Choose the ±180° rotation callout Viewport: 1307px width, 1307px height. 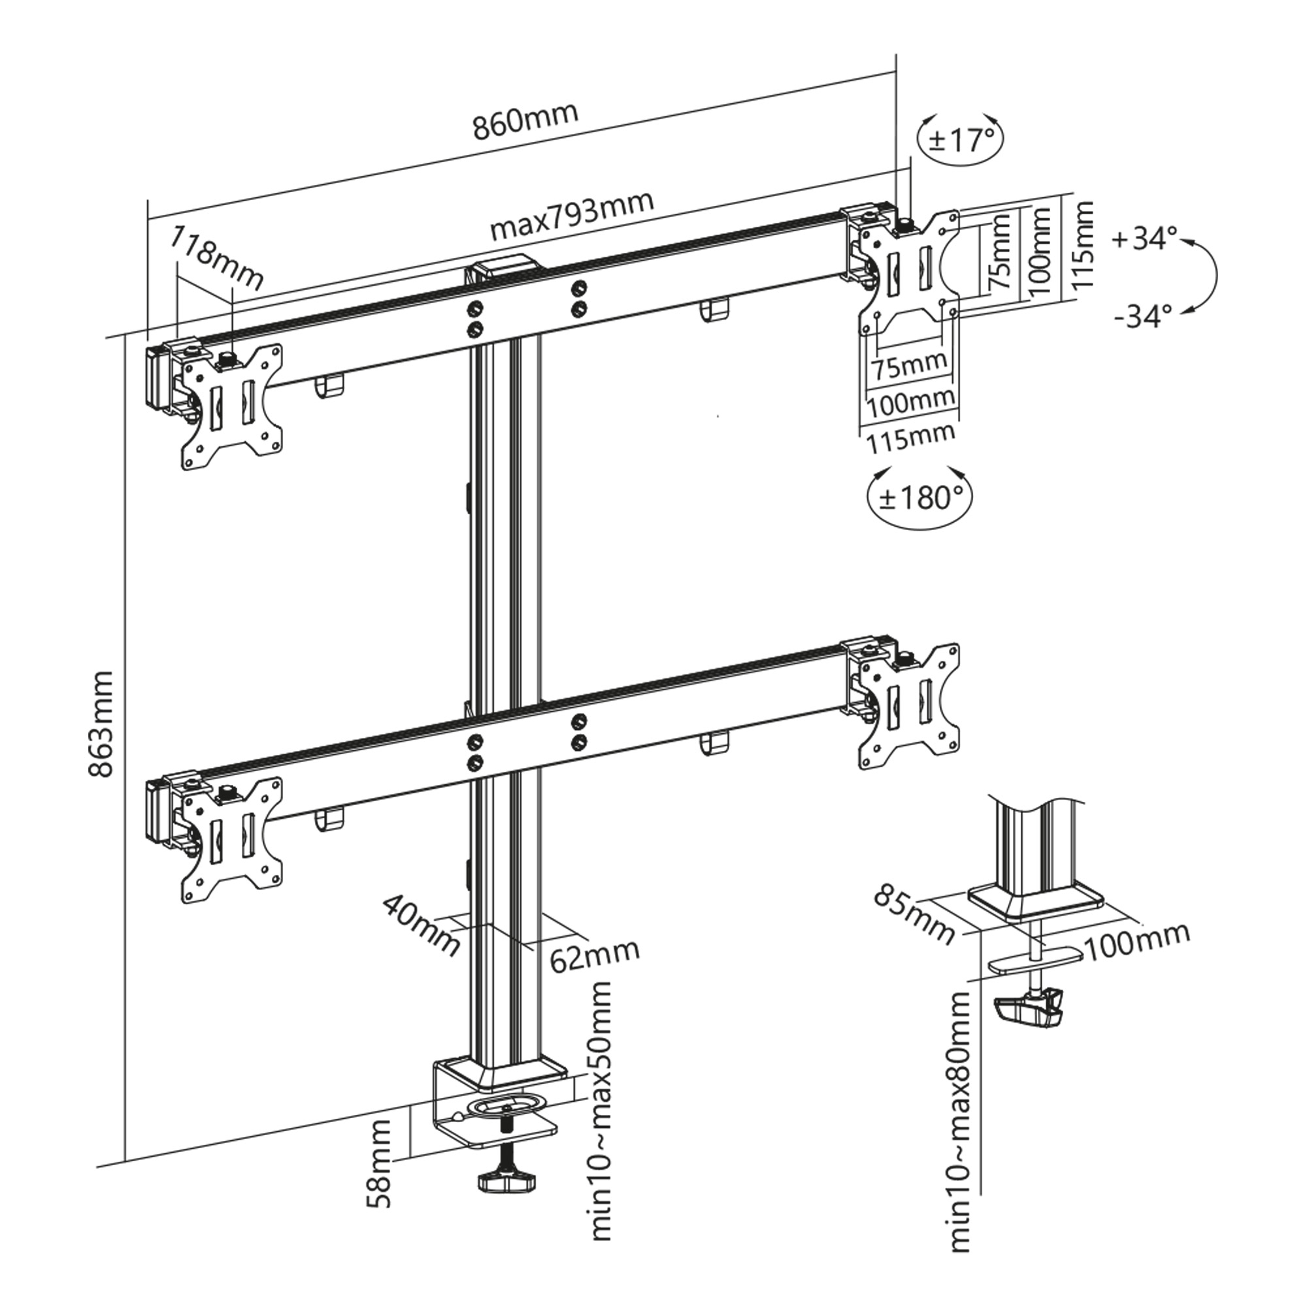(921, 498)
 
